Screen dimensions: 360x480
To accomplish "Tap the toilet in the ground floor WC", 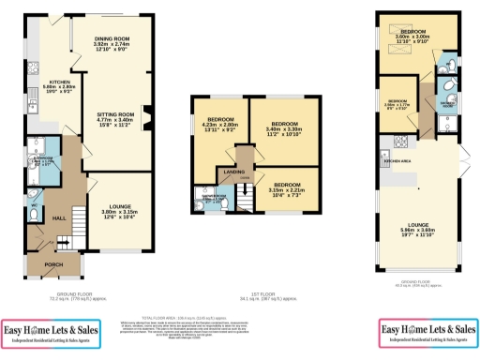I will pyautogui.click(x=35, y=214).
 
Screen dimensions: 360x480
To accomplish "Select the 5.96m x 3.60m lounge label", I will pyautogui.click(x=420, y=229).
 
